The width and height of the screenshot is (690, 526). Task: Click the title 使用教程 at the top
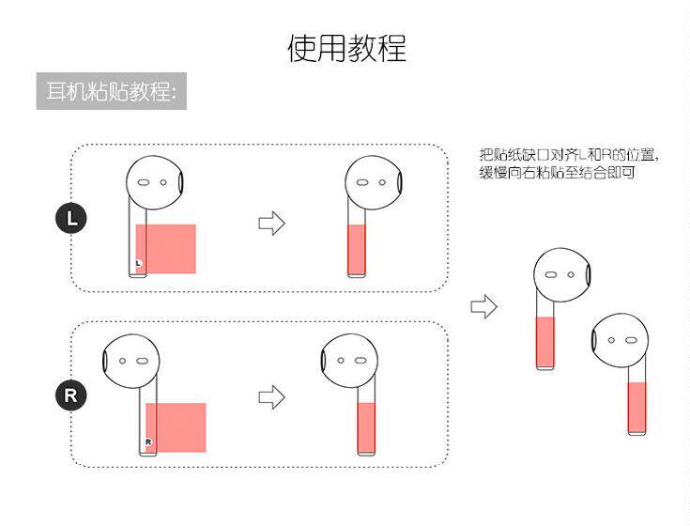pyautogui.click(x=345, y=48)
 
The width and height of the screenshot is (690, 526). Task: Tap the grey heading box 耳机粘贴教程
pyautogui.click(x=111, y=92)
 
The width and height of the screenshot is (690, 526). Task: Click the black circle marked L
pyautogui.click(x=71, y=220)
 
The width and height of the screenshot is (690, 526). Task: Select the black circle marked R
pyautogui.click(x=70, y=394)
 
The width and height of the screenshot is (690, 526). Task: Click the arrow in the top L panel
pyautogui.click(x=271, y=223)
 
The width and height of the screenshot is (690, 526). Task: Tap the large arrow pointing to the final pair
pyautogui.click(x=483, y=306)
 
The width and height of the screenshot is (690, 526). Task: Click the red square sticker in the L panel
pyautogui.click(x=166, y=249)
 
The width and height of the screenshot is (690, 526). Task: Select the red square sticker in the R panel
pyautogui.click(x=176, y=427)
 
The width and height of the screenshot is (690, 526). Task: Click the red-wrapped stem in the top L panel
pyautogui.click(x=357, y=249)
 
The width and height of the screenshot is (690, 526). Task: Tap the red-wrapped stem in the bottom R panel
pyautogui.click(x=366, y=428)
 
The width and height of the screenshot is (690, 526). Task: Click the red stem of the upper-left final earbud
pyautogui.click(x=544, y=342)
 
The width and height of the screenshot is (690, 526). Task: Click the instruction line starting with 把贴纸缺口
pyautogui.click(x=569, y=155)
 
